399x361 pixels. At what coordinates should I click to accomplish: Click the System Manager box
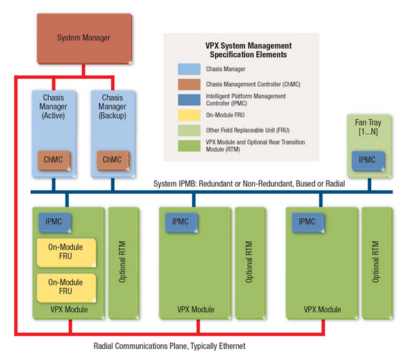coord(84,38)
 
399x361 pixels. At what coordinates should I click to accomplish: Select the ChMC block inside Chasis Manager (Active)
coord(54,160)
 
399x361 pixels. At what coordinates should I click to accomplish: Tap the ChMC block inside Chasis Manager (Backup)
coord(113,160)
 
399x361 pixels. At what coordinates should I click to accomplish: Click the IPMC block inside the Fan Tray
coord(368,161)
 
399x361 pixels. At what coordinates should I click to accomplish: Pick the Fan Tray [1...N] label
coord(368,127)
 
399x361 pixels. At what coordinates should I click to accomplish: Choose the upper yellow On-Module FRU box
coord(66,253)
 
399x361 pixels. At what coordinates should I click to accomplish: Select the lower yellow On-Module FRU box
coord(66,288)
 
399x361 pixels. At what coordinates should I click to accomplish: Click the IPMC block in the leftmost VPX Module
coord(54,222)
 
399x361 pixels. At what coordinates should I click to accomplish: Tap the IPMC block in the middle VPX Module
coord(182,222)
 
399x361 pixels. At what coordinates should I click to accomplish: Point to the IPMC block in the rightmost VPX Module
coord(308,222)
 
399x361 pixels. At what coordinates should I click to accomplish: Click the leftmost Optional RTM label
coord(123,262)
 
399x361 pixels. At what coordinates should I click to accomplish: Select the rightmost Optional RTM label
coord(375,262)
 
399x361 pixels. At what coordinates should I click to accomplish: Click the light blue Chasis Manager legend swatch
coord(189,69)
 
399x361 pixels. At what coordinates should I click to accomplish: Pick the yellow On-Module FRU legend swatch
coord(189,115)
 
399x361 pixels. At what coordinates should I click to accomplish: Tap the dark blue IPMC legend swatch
coord(189,100)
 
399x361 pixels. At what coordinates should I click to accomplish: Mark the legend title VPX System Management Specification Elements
coord(249,50)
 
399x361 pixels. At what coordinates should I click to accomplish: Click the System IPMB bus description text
coord(249,184)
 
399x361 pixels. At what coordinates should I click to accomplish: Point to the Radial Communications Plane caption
coord(169,346)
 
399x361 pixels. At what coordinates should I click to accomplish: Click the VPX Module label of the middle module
coord(196,309)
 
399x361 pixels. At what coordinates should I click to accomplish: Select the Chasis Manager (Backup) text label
coord(113,107)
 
